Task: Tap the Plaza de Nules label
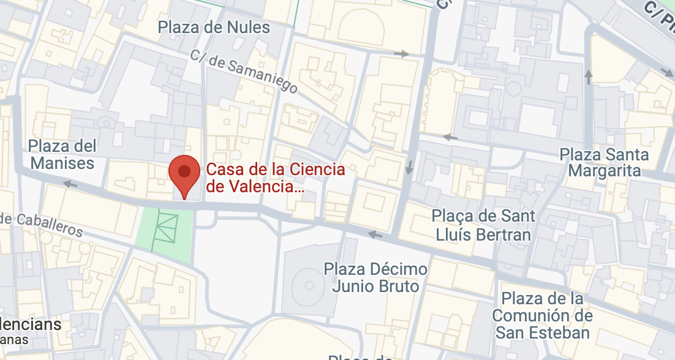pyautogui.click(x=214, y=27)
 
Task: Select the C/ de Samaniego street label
pyautogui.click(x=244, y=71)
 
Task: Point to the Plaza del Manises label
pyautogui.click(x=62, y=154)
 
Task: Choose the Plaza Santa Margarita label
pyautogui.click(x=605, y=162)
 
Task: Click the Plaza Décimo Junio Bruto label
pyautogui.click(x=375, y=277)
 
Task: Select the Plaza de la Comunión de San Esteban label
pyautogui.click(x=542, y=315)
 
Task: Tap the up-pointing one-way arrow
pyautogui.click(x=589, y=77)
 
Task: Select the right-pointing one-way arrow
pyautogui.click(x=401, y=54)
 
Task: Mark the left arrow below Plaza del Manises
pyautogui.click(x=71, y=184)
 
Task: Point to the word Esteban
pyautogui.click(x=560, y=332)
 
